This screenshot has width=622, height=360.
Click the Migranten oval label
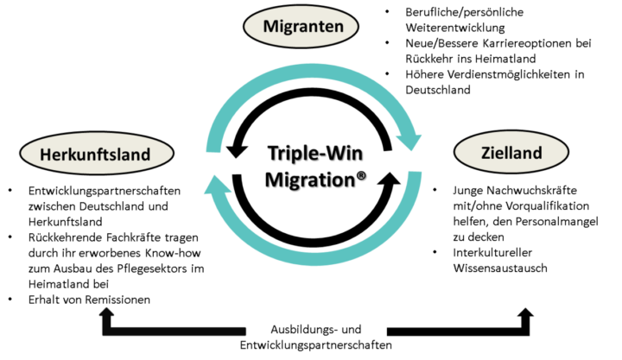(300, 27)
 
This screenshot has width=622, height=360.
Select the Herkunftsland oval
(95, 155)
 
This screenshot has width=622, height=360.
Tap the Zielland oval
(511, 153)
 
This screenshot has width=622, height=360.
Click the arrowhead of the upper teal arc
(414, 142)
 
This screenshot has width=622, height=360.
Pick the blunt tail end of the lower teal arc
(416, 177)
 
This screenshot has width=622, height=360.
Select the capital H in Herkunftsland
(45, 155)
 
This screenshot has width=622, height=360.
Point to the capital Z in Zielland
(486, 153)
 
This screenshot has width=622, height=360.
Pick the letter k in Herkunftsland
(74, 155)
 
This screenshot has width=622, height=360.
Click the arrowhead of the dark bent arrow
(106, 312)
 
